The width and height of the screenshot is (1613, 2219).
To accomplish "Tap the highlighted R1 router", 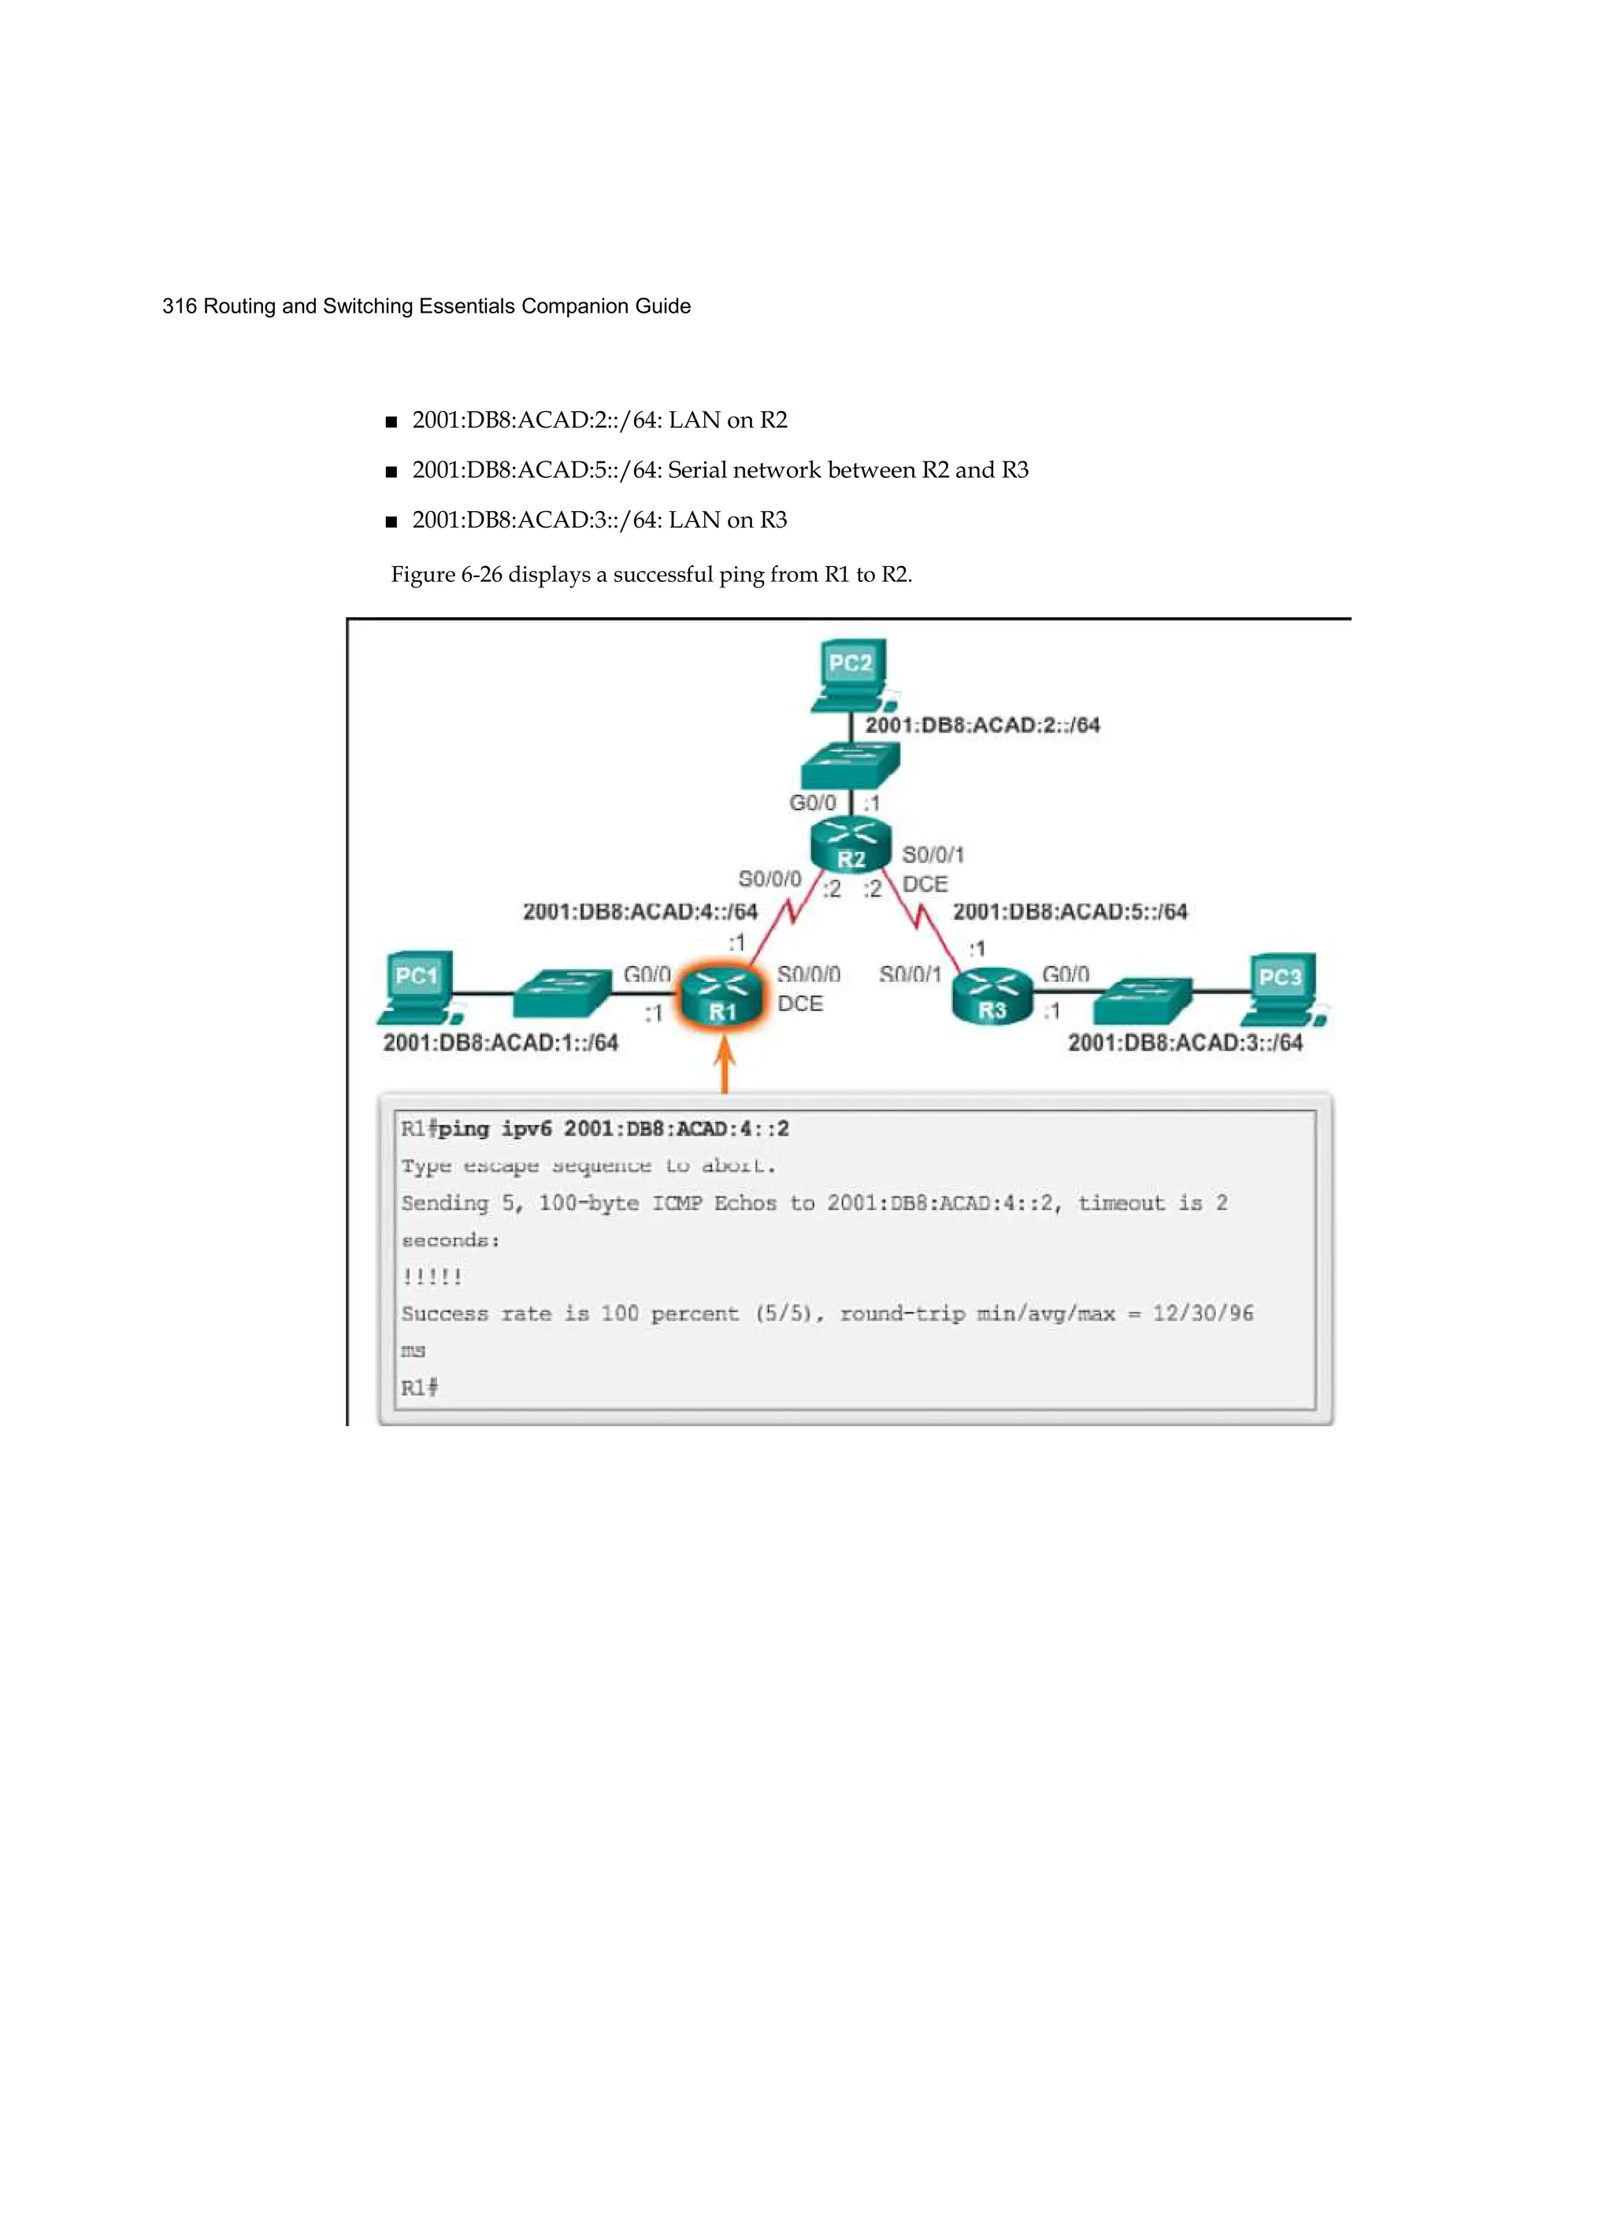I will (721, 997).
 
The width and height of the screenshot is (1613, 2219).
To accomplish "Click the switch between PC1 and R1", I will (562, 993).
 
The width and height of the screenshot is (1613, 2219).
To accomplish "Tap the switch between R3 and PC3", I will (1142, 1000).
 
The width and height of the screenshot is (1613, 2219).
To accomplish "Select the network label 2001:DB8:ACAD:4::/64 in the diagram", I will (640, 912).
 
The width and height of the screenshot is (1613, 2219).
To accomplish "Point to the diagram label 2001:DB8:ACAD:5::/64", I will (1070, 912).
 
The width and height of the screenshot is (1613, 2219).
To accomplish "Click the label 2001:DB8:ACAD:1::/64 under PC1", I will (500, 1043).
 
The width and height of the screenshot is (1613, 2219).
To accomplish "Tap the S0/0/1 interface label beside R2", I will (933, 855).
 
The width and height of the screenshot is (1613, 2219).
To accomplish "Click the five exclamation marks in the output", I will (432, 1276).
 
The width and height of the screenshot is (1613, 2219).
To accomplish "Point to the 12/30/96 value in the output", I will (1202, 1313).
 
